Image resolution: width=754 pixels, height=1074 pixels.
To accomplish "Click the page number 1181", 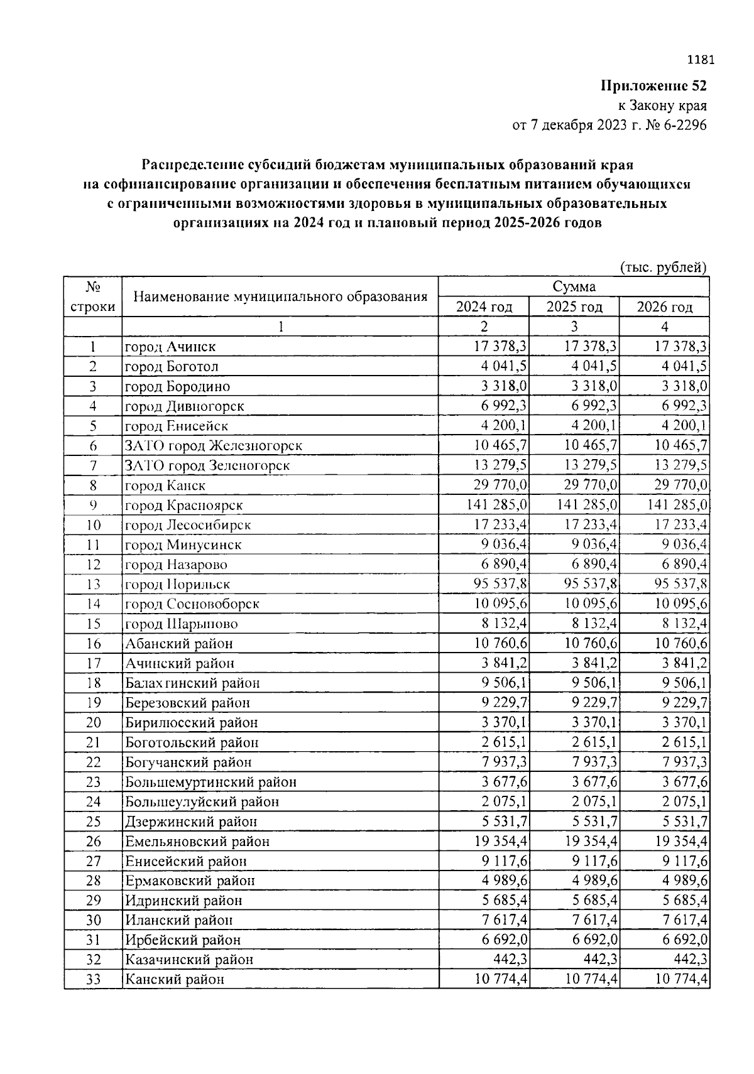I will coord(701,60).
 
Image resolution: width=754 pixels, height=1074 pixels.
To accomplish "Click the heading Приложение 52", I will coord(653,85).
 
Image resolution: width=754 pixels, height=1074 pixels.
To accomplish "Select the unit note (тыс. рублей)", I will coord(664,268).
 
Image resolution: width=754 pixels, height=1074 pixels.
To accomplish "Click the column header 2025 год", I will coord(574,307).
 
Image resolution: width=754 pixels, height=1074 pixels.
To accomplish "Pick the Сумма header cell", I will coord(574,287).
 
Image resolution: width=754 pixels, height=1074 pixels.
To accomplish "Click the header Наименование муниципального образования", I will coord(280,296).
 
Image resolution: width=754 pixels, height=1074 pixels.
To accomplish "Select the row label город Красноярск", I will coord(183,505).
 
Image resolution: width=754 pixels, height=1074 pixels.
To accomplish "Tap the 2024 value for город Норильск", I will coord(500,584).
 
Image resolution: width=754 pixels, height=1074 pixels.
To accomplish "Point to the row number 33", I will coord(93,979).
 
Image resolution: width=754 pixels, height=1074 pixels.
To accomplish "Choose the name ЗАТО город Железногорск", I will coord(214,446).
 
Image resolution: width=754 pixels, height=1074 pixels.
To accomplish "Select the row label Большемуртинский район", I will coord(210,782).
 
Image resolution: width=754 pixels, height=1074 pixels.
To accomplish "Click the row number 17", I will coord(93,663).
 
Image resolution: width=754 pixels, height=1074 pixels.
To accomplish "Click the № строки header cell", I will coord(93,296).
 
